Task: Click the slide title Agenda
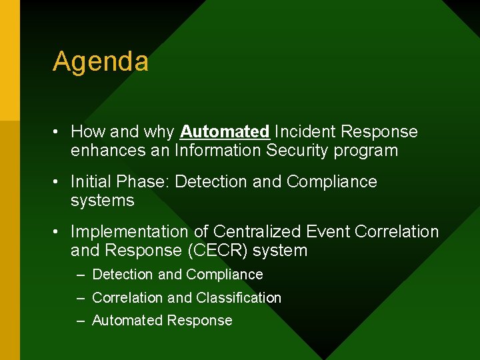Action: click(x=101, y=62)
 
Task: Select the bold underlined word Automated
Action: click(x=225, y=132)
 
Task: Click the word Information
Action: click(x=218, y=151)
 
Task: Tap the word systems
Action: click(x=102, y=201)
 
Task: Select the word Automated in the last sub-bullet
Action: click(x=127, y=321)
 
